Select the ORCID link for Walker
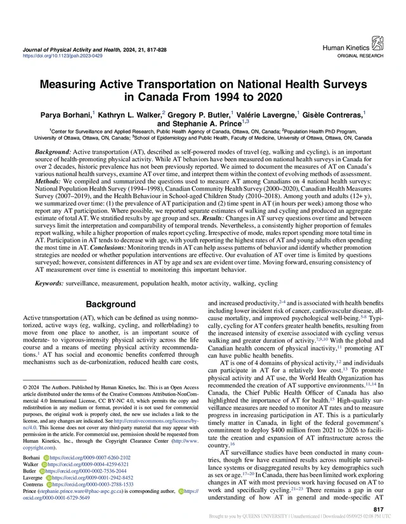tap(86, 464)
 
